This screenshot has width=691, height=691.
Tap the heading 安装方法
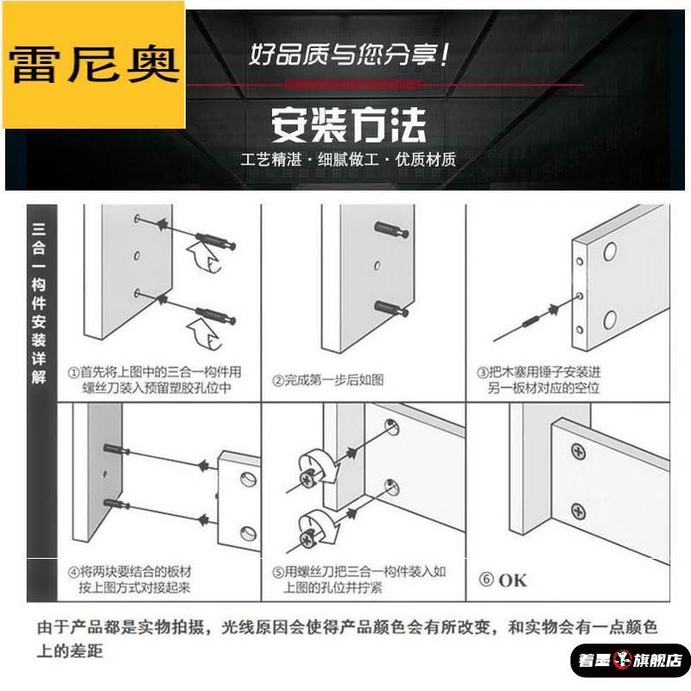click(349, 125)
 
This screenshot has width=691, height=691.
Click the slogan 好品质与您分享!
click(349, 57)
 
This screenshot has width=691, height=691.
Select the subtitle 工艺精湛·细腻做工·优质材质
click(349, 161)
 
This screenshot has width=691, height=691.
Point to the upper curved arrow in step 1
click(201, 257)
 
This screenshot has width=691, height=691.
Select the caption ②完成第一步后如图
click(328, 380)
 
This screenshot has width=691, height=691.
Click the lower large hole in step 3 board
click(610, 320)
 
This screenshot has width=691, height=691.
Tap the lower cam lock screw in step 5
click(308, 537)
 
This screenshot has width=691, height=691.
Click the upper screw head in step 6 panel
click(578, 450)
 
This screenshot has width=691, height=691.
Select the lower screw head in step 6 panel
click(578, 511)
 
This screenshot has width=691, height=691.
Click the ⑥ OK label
click(502, 580)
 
